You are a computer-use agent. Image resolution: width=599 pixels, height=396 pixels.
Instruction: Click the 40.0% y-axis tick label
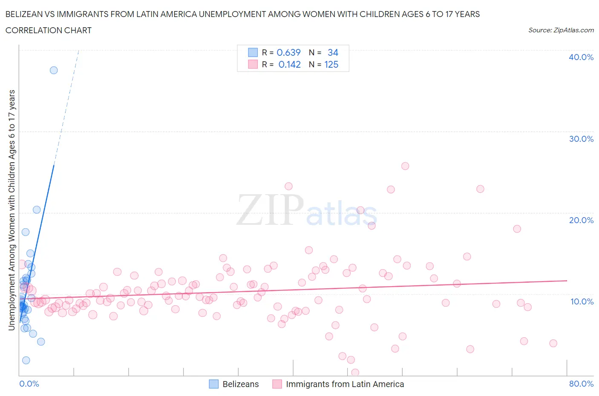point(581,57)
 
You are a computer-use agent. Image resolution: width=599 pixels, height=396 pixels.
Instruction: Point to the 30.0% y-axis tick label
point(581,139)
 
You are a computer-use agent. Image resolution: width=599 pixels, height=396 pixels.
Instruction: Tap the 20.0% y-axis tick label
point(581,220)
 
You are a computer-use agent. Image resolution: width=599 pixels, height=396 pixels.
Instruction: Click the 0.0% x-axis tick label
point(29,384)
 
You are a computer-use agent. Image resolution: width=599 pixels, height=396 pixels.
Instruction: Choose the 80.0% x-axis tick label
point(581,384)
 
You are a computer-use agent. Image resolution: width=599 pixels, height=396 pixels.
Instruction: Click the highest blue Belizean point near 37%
point(54,70)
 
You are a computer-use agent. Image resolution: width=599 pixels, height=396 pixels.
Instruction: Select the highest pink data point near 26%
point(405,166)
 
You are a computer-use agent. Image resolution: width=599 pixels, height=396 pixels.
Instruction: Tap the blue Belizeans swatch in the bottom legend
point(213,384)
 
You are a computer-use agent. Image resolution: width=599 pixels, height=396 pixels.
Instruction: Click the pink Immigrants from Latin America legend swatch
point(277,384)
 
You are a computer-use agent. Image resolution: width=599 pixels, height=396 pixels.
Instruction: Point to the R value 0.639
point(288,52)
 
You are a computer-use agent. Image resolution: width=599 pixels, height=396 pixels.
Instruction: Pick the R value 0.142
point(289,64)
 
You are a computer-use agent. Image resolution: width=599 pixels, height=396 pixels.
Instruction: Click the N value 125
point(331,64)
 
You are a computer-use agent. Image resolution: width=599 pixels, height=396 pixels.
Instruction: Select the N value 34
point(333,52)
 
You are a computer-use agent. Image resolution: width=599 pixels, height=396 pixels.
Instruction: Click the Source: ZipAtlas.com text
point(561,30)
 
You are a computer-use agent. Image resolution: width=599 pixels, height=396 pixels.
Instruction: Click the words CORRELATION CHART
point(49,30)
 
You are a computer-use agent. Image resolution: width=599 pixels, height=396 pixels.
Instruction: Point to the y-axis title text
point(12,210)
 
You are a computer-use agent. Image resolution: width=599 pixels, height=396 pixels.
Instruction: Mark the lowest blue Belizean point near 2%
point(26,360)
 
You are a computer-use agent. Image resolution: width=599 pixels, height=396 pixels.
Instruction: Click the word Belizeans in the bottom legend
point(240,384)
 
